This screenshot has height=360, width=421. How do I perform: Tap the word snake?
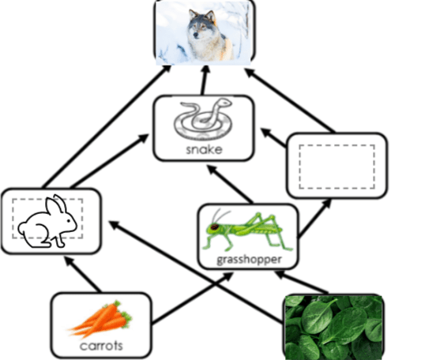(x=204, y=150)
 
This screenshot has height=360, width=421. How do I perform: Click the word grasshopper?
(x=249, y=260)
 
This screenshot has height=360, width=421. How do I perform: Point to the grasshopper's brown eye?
(x=214, y=227)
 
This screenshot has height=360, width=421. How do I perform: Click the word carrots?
(x=101, y=346)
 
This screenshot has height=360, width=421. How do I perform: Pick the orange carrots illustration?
(x=100, y=320)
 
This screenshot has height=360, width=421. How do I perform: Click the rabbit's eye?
(x=68, y=221)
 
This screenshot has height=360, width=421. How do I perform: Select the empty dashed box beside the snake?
(x=336, y=167)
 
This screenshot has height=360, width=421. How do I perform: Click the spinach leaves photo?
(x=333, y=327)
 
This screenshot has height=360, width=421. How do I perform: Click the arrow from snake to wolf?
(x=204, y=80)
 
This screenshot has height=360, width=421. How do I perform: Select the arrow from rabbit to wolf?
(x=107, y=126)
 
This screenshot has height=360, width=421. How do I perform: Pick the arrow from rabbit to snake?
(x=110, y=161)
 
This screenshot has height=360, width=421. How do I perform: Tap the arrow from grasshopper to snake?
(x=230, y=184)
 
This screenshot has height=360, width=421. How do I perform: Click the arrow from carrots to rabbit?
(x=83, y=275)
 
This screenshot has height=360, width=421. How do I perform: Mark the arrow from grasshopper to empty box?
(x=315, y=218)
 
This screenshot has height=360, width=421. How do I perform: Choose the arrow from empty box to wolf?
(x=290, y=100)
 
